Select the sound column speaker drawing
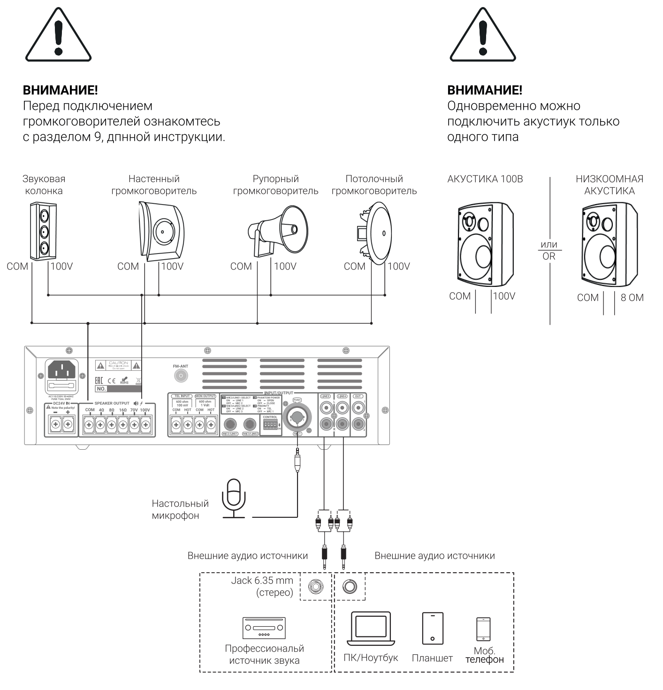pos(44,231)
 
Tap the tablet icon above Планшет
pos(432,628)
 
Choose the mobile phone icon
pos(483,629)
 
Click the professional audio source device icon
pos(264,628)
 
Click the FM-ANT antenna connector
pos(181,376)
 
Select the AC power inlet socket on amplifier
pos(62,371)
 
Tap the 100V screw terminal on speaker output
pos(145,425)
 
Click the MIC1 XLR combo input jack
pos(297,416)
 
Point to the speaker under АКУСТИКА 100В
pos(485,245)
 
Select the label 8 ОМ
pos(632,298)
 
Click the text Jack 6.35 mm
pos(262,581)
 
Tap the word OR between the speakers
pos(549,257)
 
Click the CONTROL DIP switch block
pos(270,424)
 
